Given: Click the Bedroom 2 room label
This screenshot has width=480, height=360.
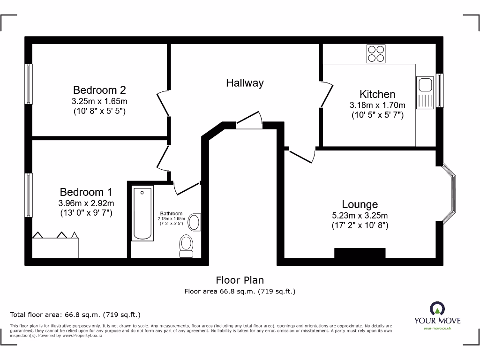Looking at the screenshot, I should [99, 90].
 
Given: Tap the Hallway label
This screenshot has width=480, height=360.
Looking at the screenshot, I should [245, 83].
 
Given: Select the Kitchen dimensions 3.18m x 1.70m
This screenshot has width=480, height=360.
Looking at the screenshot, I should [377, 105].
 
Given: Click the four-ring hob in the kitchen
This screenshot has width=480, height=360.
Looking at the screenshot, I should [376, 53].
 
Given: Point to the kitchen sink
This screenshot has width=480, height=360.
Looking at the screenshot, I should [426, 85].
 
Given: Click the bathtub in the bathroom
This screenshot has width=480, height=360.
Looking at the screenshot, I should [142, 213].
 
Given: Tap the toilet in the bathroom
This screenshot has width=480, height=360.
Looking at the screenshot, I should [186, 246].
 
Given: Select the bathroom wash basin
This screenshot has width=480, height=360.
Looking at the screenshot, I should [195, 222].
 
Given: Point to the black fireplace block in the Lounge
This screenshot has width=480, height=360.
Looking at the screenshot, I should [360, 253].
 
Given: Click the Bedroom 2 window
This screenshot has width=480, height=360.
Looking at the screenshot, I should [29, 84].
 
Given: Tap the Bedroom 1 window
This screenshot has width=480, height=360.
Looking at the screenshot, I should [29, 195].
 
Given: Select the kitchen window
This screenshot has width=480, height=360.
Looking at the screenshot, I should [440, 90].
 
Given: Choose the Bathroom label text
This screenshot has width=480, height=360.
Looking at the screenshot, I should [171, 213].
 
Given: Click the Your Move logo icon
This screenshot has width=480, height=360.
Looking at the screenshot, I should [437, 308].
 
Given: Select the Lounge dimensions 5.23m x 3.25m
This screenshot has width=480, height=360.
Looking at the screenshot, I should [360, 216].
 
